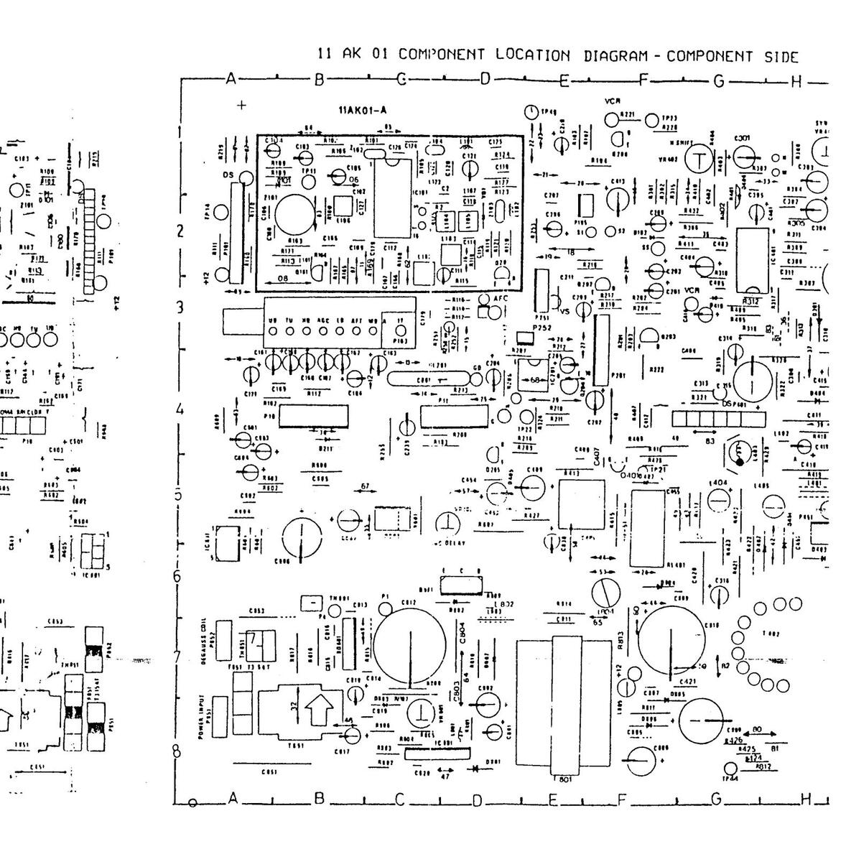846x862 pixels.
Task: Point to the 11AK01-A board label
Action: click(x=363, y=110)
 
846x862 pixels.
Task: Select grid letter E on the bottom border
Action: click(x=552, y=800)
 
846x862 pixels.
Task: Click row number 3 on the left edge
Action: click(x=180, y=307)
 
